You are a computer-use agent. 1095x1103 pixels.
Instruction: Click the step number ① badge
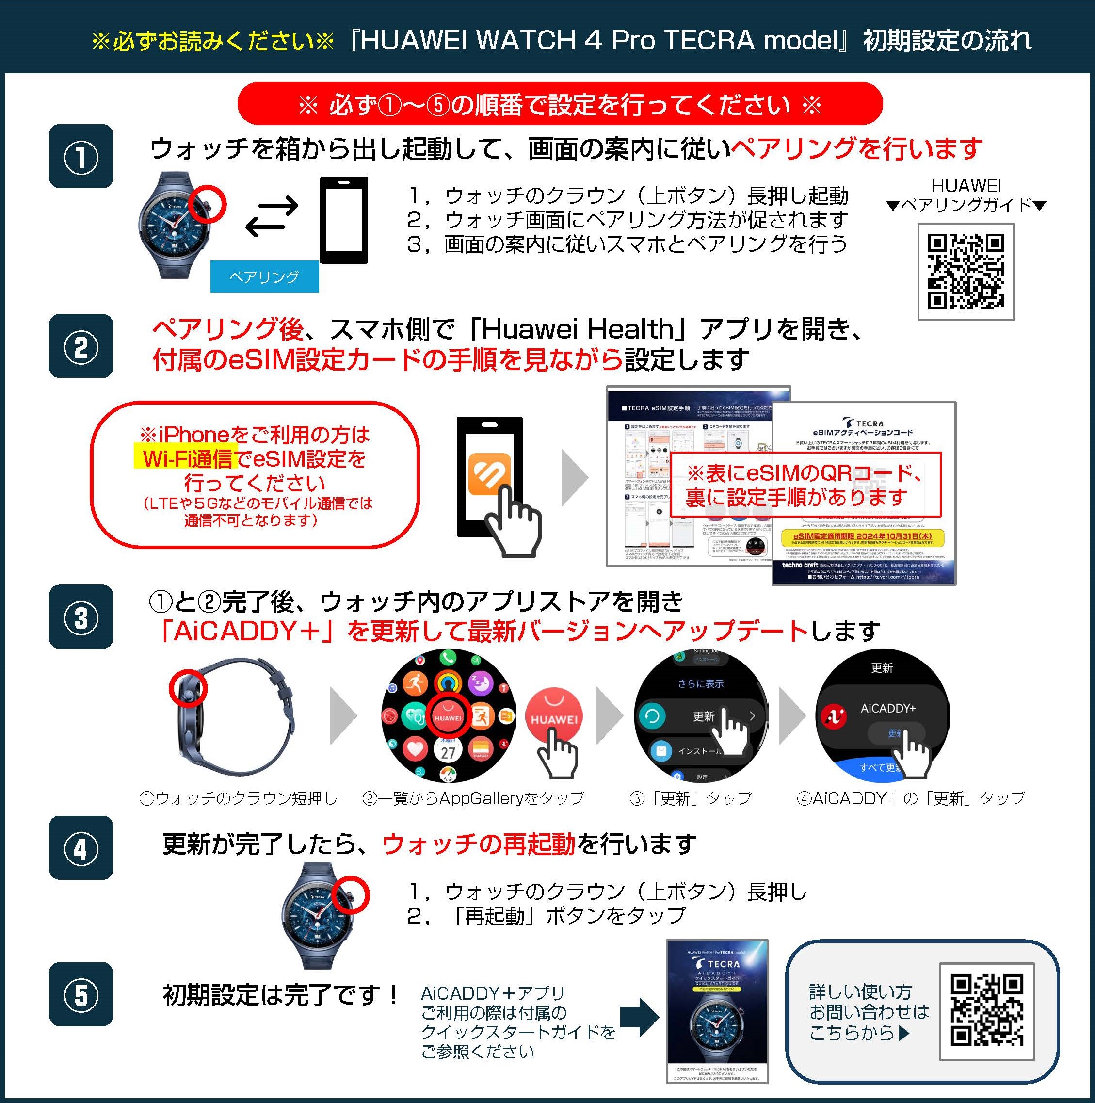tap(81, 157)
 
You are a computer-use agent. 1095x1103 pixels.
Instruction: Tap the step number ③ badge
tap(81, 617)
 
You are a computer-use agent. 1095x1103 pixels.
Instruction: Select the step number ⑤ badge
tap(81, 994)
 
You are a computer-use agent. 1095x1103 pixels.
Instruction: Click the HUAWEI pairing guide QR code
tap(966, 272)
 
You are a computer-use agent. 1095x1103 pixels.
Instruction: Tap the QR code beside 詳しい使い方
tap(987, 1011)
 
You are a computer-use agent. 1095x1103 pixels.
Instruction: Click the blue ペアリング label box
tap(264, 277)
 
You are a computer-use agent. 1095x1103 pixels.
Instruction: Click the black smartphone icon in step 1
tap(344, 220)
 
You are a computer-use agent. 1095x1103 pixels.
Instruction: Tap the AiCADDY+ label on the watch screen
tap(888, 709)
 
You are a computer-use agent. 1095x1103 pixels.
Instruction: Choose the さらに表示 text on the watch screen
tap(701, 684)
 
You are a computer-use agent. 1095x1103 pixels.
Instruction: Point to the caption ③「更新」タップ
tap(690, 798)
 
